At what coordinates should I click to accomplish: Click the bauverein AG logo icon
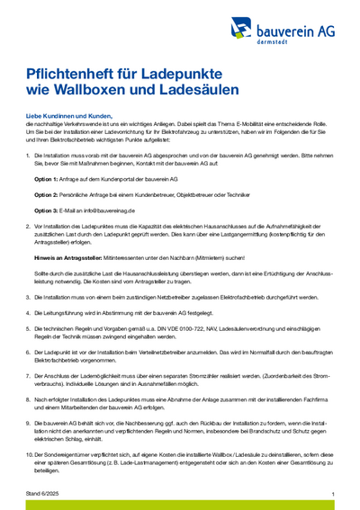point(241,30)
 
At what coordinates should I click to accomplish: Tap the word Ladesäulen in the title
point(197,90)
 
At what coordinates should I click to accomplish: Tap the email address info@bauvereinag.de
point(111,210)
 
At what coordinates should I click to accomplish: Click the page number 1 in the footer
point(333,494)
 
